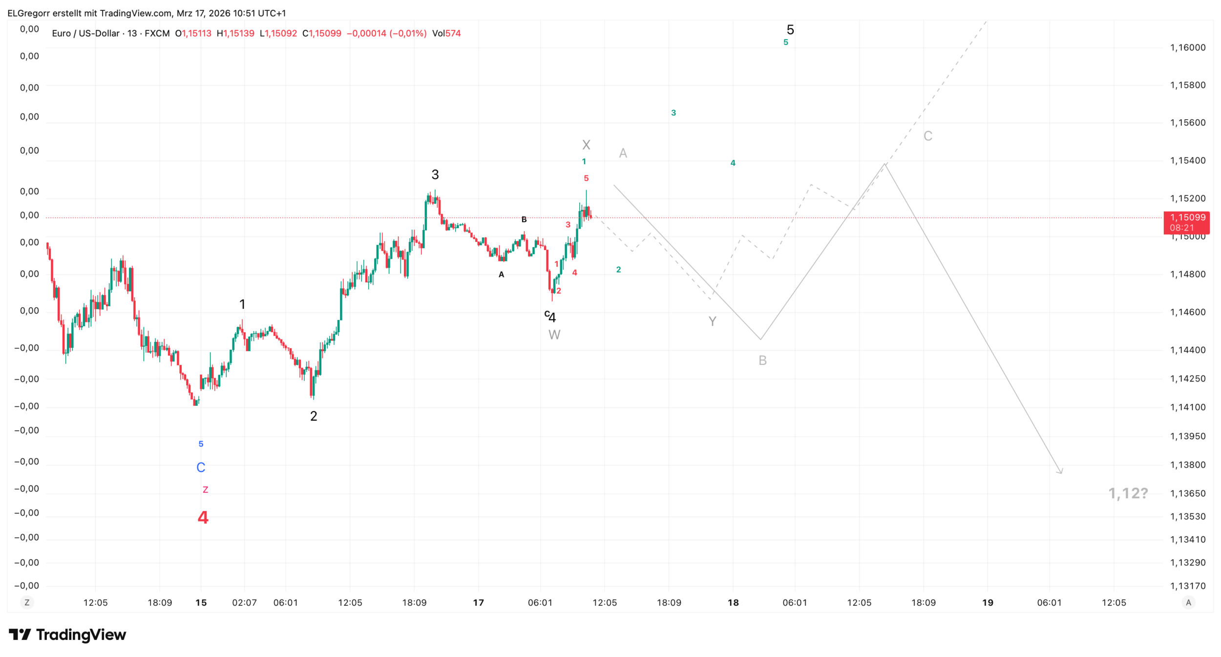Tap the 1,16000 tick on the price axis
1187,47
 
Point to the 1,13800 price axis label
1187,465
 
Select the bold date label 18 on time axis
733,602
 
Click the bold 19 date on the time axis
988,602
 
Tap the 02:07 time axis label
244,602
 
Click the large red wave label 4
203,517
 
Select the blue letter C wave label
201,467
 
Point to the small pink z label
205,489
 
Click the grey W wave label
554,335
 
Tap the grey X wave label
586,145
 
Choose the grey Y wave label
712,321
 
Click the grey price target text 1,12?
1128,493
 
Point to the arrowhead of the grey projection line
1061,472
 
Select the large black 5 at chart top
790,30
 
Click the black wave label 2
314,416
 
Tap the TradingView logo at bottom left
67,635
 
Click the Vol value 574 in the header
453,33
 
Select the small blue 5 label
201,444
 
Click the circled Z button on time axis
27,602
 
